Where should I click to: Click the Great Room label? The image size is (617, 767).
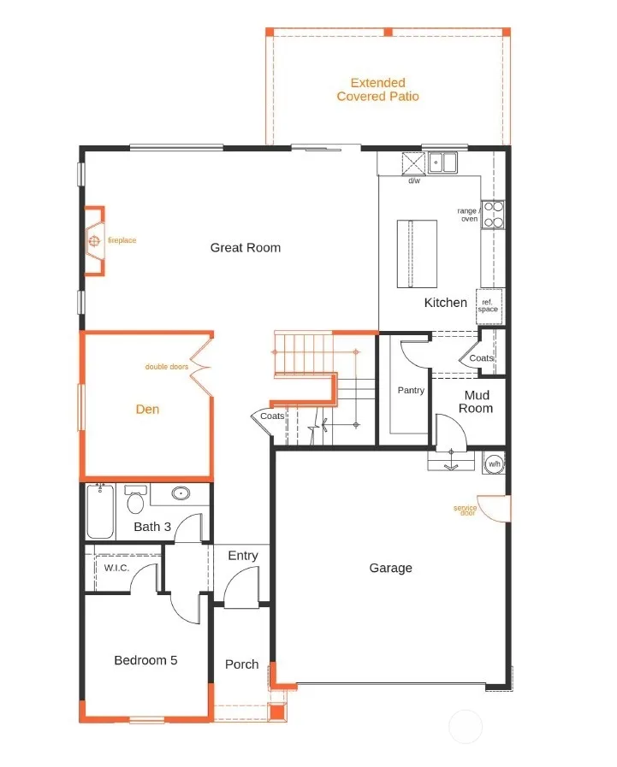click(x=246, y=247)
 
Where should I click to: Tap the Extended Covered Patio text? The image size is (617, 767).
click(x=377, y=90)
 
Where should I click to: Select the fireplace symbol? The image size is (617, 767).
click(x=94, y=240)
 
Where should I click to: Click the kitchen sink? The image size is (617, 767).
click(x=442, y=162)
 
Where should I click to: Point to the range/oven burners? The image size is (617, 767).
click(x=493, y=215)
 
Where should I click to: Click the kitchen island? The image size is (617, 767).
click(x=417, y=253)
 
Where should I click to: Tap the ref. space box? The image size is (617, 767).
click(x=489, y=306)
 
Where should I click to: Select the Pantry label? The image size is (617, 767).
click(x=411, y=391)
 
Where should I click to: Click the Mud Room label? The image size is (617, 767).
click(x=476, y=402)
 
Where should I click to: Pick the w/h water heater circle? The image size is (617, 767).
click(x=494, y=463)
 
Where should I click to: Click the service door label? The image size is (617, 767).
click(x=466, y=510)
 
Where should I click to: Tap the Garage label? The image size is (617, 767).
click(x=390, y=568)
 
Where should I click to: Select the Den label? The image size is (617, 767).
click(x=147, y=409)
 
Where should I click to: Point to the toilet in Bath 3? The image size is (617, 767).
click(x=135, y=499)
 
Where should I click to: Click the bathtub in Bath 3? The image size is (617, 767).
click(x=100, y=511)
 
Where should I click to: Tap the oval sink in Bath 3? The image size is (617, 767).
click(x=181, y=493)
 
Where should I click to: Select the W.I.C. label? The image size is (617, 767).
click(x=116, y=568)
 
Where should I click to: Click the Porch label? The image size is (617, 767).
click(x=242, y=664)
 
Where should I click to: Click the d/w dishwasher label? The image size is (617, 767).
click(x=414, y=181)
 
